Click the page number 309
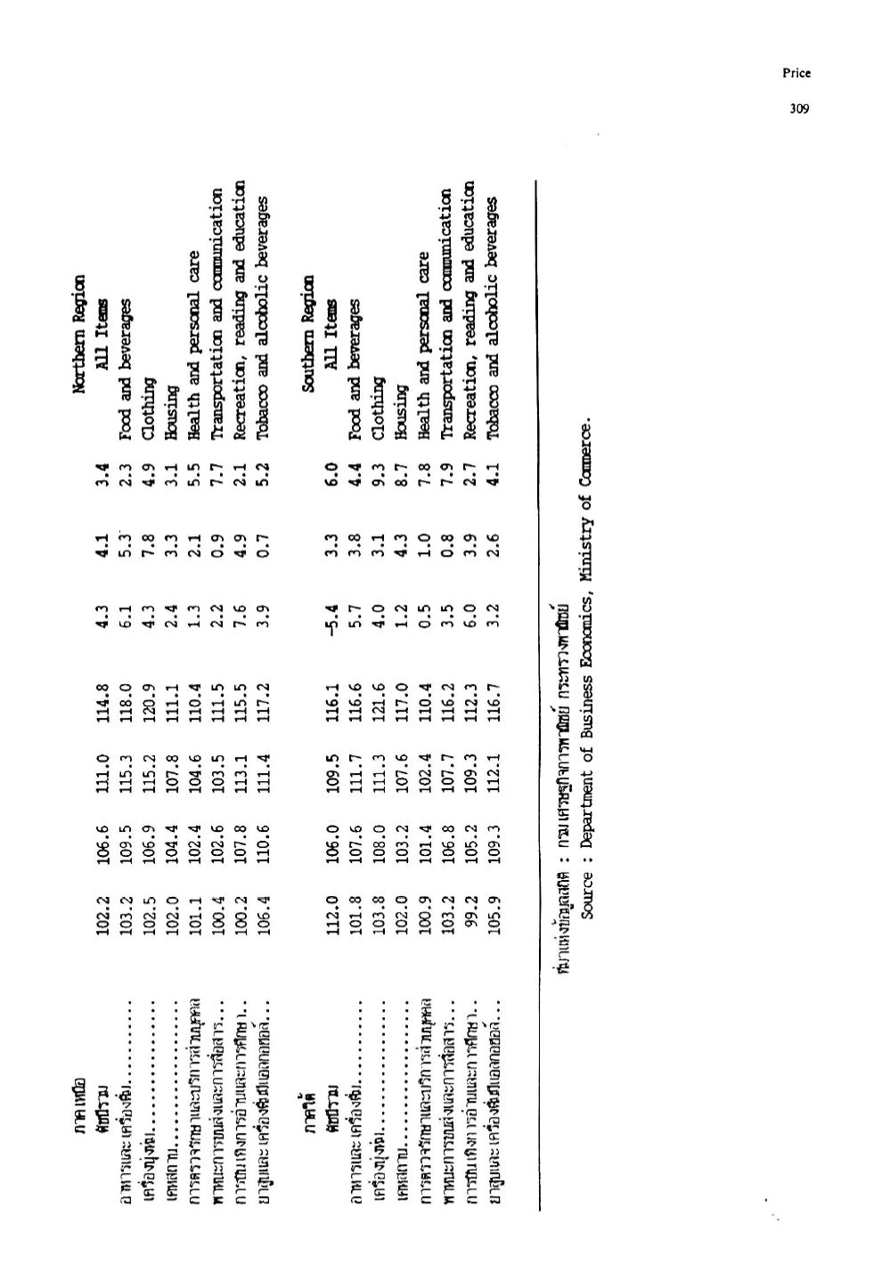798,109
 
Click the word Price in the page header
796,74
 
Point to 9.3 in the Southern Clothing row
377,486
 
